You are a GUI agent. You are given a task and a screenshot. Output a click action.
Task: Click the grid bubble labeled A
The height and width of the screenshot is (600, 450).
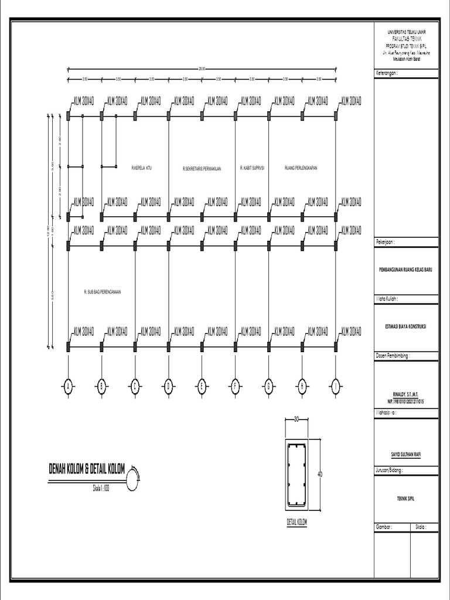68,386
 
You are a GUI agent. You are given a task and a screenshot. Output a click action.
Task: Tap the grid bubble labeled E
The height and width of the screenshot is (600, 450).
202,386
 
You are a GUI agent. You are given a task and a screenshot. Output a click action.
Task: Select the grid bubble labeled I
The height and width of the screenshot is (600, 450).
336,386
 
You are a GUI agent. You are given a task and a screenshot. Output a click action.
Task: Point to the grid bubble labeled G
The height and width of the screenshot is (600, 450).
269,386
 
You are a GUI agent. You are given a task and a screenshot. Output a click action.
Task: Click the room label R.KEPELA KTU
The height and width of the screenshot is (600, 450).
142,168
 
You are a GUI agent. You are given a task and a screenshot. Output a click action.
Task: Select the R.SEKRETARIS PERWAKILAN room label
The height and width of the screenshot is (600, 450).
202,168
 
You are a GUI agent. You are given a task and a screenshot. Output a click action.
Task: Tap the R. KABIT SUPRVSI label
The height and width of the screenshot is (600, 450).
253,168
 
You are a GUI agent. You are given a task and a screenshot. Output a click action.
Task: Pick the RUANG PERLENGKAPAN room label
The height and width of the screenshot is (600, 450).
301,168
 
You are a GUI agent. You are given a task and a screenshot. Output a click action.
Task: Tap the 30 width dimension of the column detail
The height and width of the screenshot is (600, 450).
297,419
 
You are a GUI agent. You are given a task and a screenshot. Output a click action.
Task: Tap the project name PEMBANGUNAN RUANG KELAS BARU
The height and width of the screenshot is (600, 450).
406,271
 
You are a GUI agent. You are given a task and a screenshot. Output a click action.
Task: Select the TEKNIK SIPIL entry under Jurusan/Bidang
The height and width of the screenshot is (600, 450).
406,498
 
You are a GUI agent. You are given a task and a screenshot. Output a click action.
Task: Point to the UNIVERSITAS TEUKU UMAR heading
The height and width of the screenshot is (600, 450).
406,31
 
